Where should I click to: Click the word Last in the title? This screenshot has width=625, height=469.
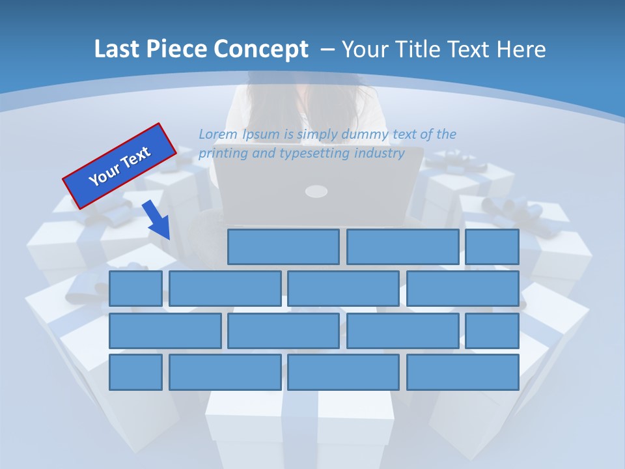117,50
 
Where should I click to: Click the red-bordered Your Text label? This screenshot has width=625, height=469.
119,165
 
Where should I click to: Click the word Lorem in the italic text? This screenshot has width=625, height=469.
218,134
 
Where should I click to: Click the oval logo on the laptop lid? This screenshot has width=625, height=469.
316,191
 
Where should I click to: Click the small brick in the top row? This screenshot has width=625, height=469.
492,247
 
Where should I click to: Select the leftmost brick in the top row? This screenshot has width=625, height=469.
283,247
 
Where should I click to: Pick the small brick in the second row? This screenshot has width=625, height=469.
135,289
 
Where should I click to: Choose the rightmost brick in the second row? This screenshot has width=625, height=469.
463,289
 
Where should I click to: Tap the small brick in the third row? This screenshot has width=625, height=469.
492,331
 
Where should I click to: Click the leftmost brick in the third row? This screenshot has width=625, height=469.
165,331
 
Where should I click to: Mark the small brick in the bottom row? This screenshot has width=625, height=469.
135,373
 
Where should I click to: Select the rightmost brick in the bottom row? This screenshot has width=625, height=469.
463,373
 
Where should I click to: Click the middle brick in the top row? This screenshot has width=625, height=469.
403,247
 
